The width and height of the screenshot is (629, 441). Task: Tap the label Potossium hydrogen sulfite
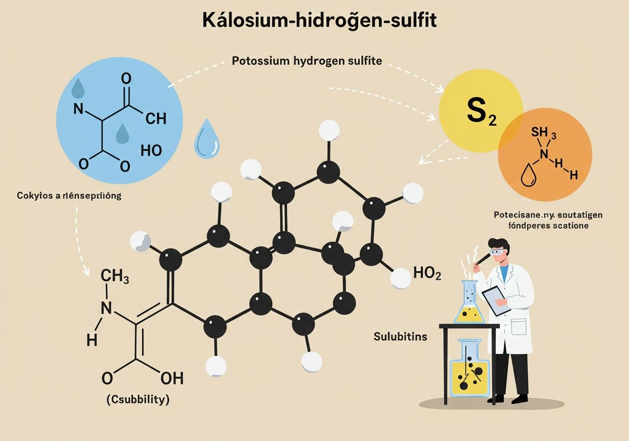307,62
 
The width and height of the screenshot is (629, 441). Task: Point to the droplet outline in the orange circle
528,176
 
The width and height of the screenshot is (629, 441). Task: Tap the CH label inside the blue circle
156,119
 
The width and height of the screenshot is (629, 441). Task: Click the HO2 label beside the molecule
428,273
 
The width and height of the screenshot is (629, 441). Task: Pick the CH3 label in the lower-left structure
114,277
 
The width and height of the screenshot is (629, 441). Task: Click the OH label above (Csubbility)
172,378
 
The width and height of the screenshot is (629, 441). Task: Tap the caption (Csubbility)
138,400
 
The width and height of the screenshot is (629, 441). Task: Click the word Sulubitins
400,337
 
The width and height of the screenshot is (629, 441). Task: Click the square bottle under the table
470,370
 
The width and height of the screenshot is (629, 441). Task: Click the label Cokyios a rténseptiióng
65,195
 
